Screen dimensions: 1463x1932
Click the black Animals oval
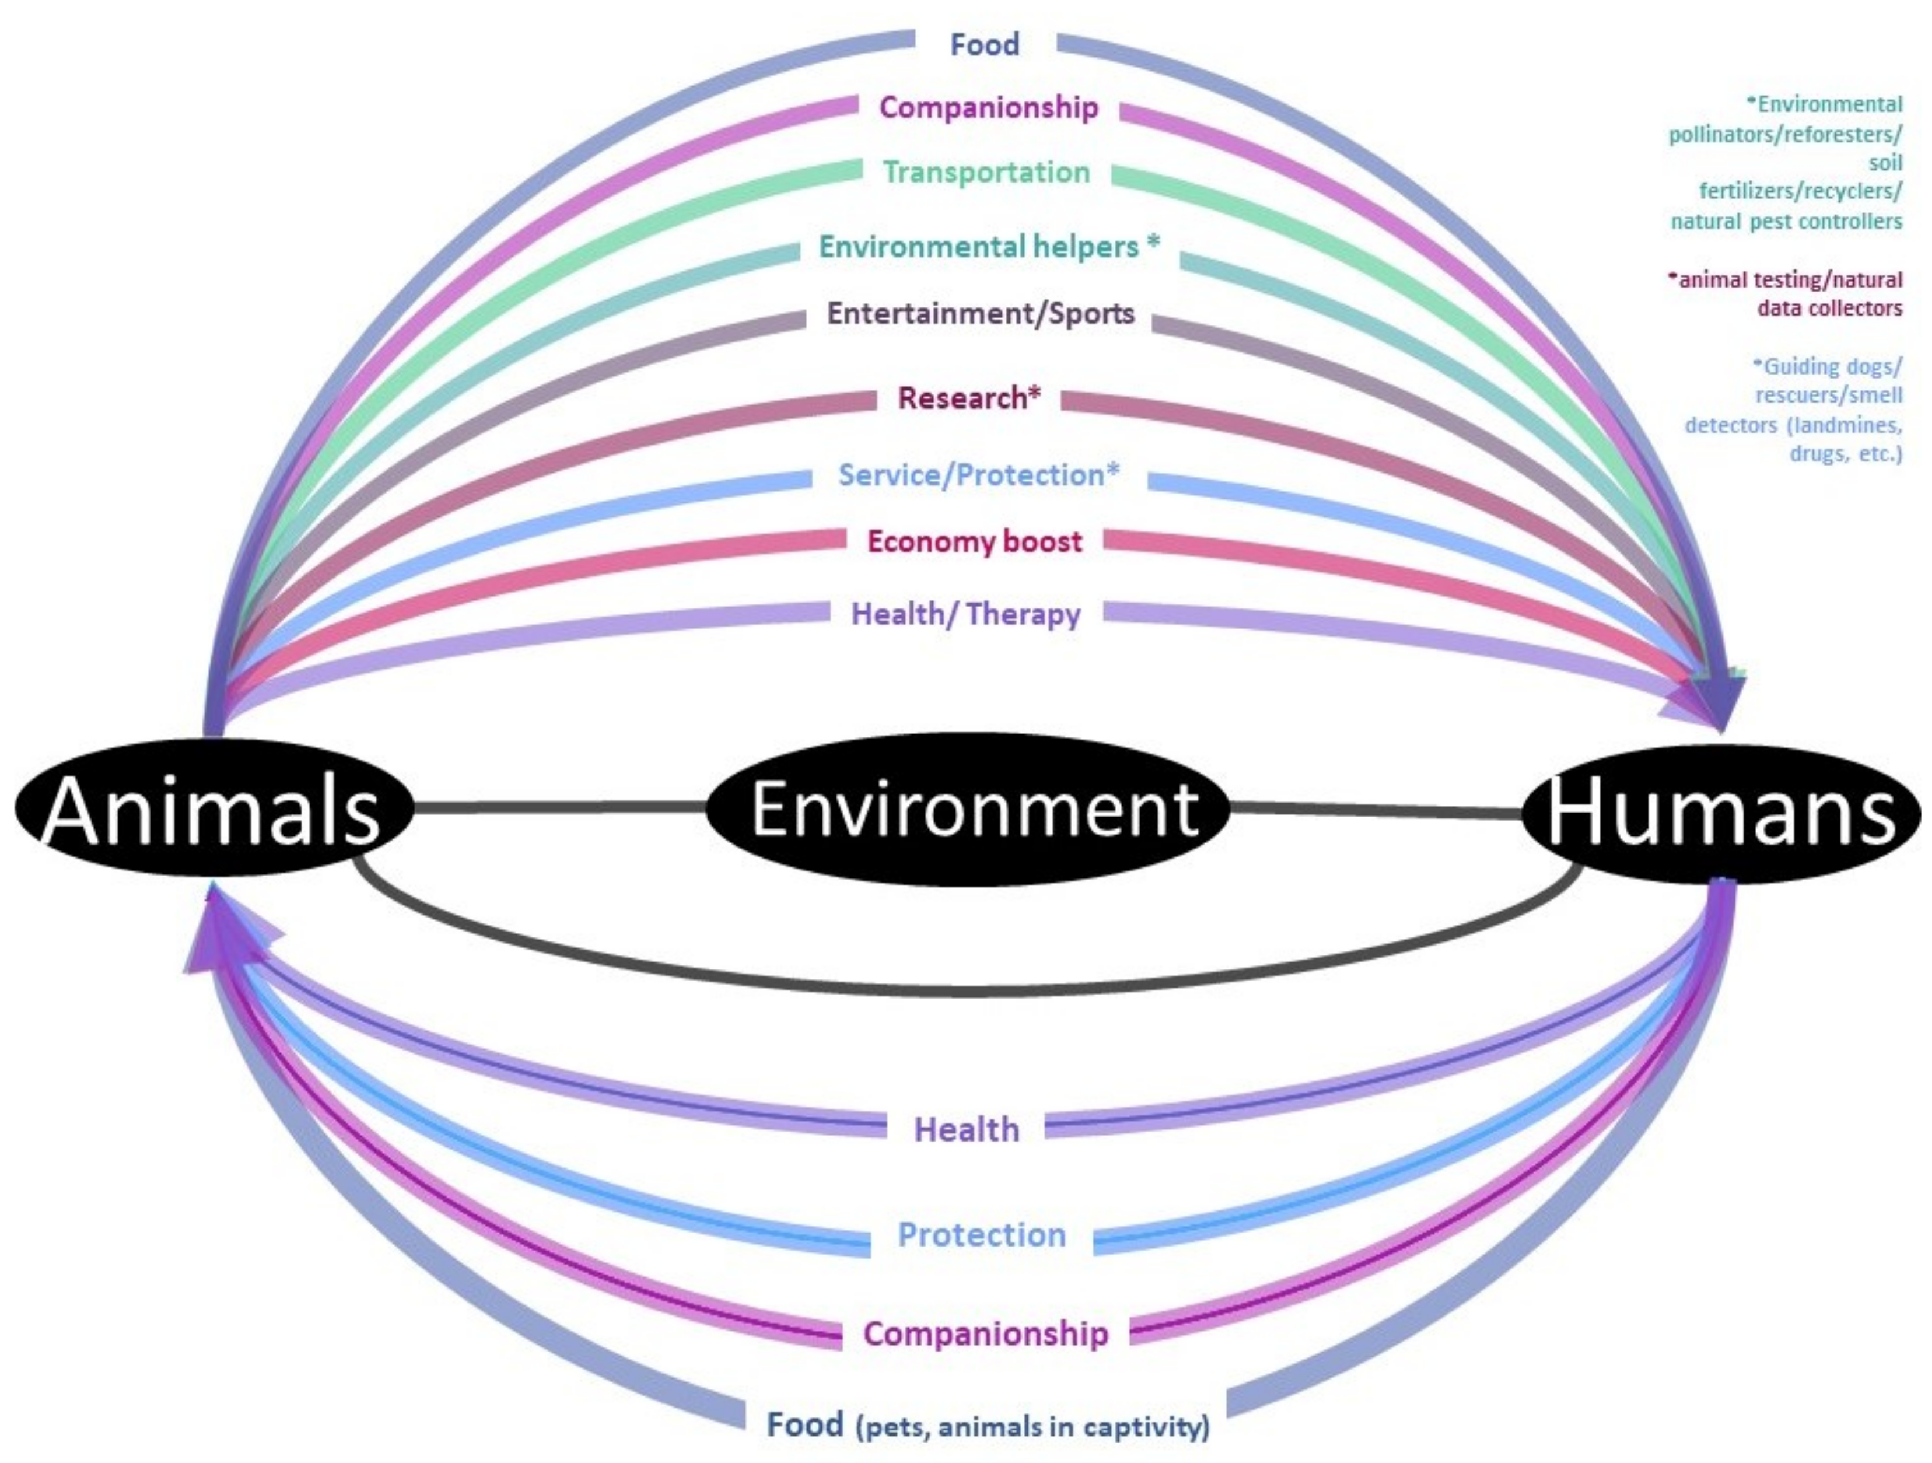point(212,808)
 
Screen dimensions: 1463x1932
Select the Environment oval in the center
point(968,808)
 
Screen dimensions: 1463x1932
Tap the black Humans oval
point(1721,813)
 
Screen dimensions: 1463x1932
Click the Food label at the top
point(984,44)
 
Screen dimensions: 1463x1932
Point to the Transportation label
point(986,172)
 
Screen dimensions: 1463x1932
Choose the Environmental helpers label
point(988,247)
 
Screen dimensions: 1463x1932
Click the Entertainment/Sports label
point(980,314)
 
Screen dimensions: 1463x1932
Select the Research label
point(968,398)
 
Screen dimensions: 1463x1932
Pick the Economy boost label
point(974,541)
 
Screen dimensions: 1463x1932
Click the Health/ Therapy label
point(965,614)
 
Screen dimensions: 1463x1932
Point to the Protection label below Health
point(982,1235)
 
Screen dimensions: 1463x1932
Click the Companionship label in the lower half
point(985,1333)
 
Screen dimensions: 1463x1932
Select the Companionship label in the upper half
point(988,107)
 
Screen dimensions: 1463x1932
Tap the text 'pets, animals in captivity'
point(1033,1427)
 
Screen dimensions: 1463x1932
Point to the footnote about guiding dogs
point(1795,409)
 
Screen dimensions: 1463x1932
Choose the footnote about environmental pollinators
point(1787,163)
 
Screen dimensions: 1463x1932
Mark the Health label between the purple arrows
point(966,1129)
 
